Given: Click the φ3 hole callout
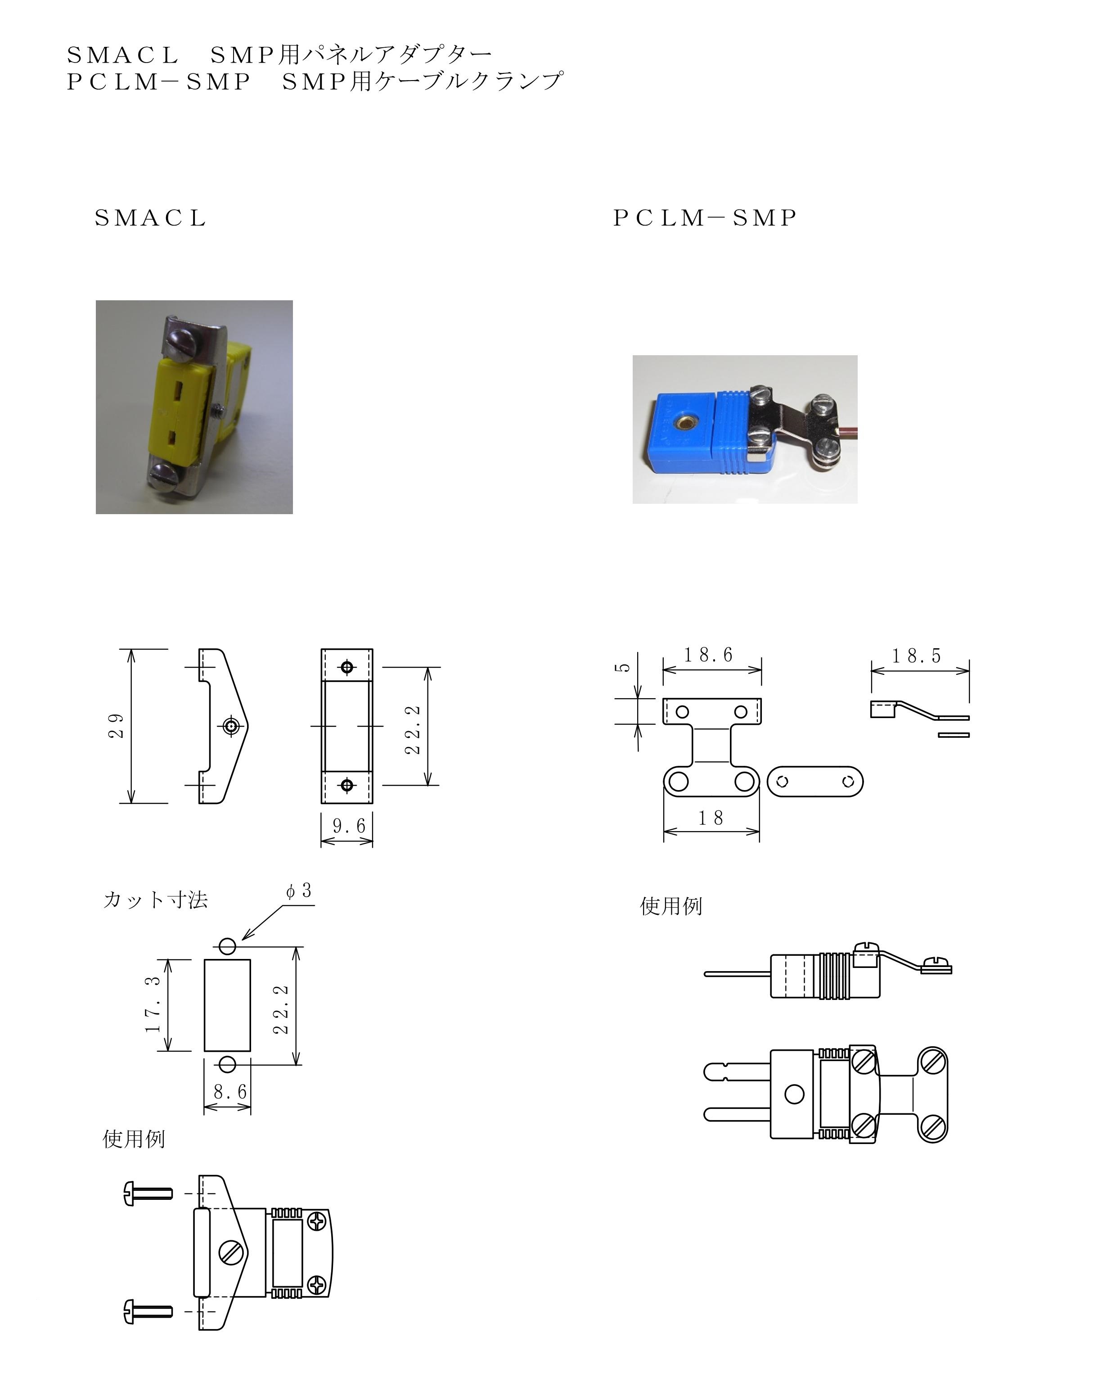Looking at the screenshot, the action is click(299, 891).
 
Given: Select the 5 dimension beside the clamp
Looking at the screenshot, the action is click(623, 667).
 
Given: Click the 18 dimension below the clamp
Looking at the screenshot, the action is click(711, 818).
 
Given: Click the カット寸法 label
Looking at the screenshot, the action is click(155, 900).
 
